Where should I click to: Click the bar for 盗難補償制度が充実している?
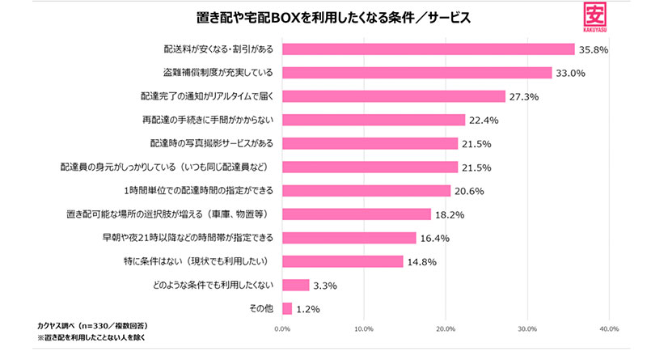pyautogui.click(x=417, y=73)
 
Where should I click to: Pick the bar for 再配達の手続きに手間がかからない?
pyautogui.click(x=374, y=120)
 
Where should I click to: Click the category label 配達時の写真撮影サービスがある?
pyautogui.click(x=212, y=143)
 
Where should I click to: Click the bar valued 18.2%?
pyautogui.click(x=357, y=214)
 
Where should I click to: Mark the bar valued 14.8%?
pyautogui.click(x=343, y=261)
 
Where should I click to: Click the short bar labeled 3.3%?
pyautogui.click(x=296, y=285)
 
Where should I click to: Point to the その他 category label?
pyautogui.click(x=262, y=308)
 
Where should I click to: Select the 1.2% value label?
pyautogui.click(x=308, y=308)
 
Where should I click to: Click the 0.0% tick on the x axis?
pyautogui.click(x=282, y=328)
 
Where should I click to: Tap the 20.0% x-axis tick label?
pyautogui.click(x=446, y=328)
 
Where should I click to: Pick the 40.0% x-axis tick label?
pyautogui.click(x=608, y=328)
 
